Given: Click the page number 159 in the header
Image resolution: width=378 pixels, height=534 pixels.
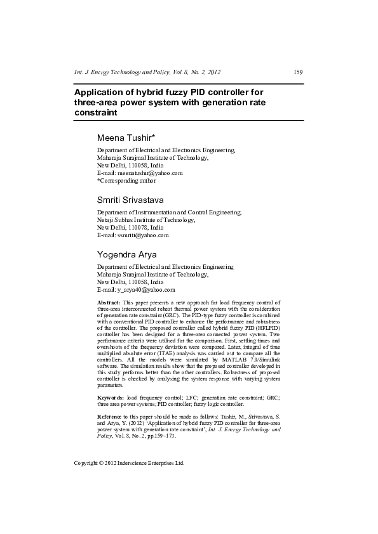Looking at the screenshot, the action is (x=297, y=72).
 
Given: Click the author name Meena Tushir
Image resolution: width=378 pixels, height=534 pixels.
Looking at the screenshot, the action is (x=131, y=138).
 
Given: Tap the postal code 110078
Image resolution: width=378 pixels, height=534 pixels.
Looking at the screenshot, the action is (x=132, y=228).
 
